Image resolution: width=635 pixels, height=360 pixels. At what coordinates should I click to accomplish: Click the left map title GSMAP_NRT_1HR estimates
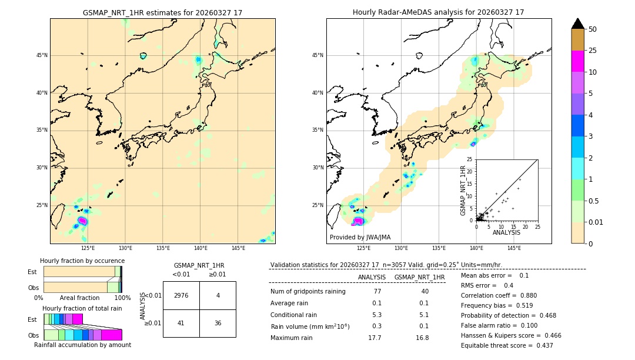pyautogui.click(x=162, y=12)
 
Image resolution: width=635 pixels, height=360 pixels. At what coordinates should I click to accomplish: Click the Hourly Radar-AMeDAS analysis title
pyautogui.click(x=439, y=12)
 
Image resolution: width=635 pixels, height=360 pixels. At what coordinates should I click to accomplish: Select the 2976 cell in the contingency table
pyautogui.click(x=181, y=295)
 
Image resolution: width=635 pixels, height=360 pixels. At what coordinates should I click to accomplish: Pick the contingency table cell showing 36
pyautogui.click(x=218, y=323)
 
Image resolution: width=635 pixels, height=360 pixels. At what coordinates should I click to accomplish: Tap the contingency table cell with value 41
pyautogui.click(x=181, y=323)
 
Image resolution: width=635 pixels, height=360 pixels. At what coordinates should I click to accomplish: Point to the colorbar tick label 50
pyautogui.click(x=593, y=29)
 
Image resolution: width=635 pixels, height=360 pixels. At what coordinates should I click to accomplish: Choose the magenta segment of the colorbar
pyautogui.click(x=578, y=61)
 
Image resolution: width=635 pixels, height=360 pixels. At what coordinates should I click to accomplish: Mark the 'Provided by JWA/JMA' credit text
pyautogui.click(x=360, y=237)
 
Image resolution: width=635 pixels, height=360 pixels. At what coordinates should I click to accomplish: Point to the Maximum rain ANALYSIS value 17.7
pyautogui.click(x=375, y=338)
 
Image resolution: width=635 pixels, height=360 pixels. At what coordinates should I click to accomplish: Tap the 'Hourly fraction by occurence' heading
pyautogui.click(x=82, y=261)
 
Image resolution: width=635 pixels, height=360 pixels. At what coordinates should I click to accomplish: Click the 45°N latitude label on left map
pyautogui.click(x=42, y=55)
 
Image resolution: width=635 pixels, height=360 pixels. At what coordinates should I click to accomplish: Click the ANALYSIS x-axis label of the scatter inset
pyautogui.click(x=506, y=232)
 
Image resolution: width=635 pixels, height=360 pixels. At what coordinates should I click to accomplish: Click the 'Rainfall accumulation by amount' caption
pyautogui.click(x=82, y=345)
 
